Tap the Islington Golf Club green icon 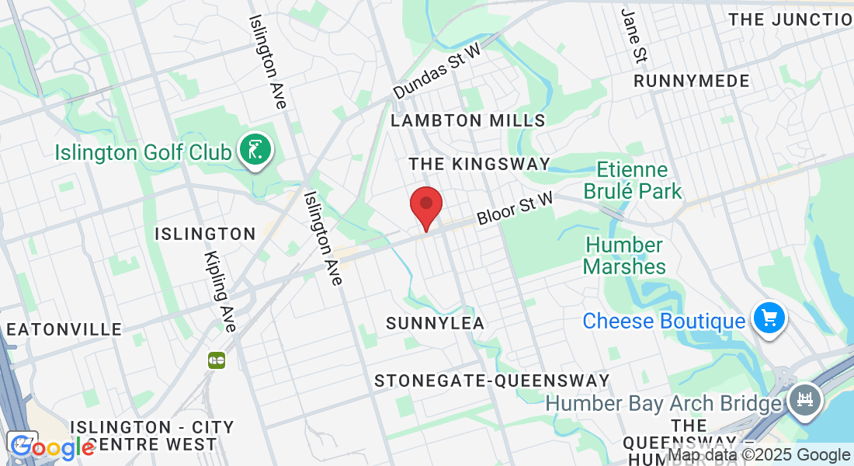coord(255,149)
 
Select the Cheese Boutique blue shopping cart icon coord(769,318)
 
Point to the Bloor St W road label coord(516,209)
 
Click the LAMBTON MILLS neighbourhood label coord(468,120)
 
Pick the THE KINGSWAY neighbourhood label coord(479,164)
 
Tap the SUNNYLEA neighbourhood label coord(435,323)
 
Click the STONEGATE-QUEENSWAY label coord(491,381)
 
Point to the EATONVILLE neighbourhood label coord(64,329)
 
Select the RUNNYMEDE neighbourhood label coord(692,82)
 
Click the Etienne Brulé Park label coord(639,180)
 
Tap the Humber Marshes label coord(624,256)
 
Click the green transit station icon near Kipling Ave coord(217,360)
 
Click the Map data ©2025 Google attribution coord(759,456)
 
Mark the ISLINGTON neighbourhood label coord(205,234)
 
